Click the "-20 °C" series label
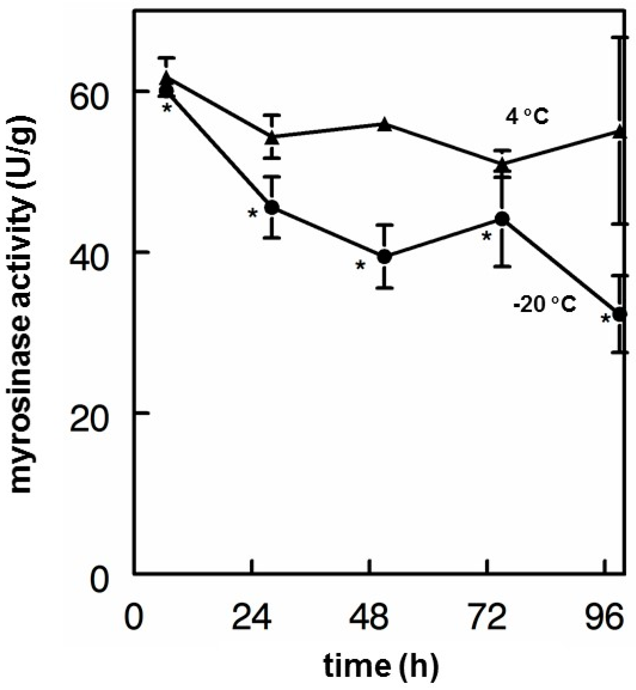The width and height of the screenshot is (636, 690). coord(544,304)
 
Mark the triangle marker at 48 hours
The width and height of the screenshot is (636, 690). coord(385,125)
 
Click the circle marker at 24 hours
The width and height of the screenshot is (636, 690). coord(272,207)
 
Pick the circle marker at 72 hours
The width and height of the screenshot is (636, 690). coord(502,219)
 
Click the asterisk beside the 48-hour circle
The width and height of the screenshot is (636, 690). coord(360,265)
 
